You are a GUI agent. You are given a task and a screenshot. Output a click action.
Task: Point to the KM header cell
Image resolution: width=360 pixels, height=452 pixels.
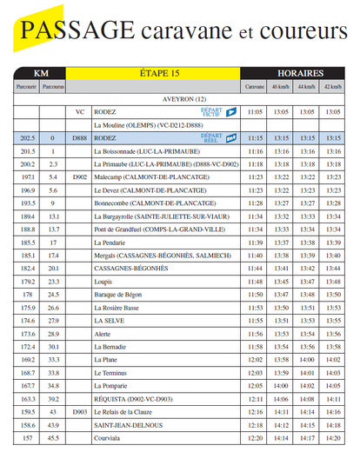pos(40,74)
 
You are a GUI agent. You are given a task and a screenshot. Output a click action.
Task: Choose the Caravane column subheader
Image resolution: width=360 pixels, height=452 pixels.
pos(255,87)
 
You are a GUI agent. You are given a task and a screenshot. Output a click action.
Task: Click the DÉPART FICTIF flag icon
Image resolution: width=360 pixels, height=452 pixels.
pos(231,112)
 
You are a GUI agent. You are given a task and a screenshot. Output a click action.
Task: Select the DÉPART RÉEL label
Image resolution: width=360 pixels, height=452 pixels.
pos(212,137)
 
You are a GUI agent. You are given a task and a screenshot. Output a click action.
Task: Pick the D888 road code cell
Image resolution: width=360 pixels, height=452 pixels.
pos(79,137)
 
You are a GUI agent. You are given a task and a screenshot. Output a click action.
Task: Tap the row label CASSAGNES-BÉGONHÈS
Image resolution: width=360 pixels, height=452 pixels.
pos(130,268)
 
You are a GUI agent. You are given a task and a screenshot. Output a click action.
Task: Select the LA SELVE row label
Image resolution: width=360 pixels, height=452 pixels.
pos(109,320)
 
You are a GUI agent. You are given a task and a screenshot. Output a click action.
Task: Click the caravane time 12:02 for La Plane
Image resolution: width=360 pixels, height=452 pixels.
pos(255,359)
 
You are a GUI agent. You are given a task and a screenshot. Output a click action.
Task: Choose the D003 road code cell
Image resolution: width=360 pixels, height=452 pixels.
pos(79,411)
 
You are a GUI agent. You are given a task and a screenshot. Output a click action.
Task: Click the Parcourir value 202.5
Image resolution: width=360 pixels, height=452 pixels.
pos(27,137)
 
